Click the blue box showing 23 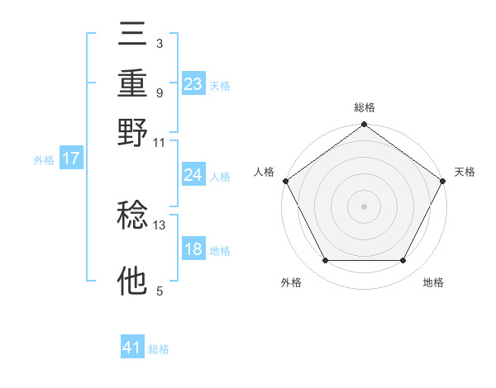tap(193, 83)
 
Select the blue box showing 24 tap(193, 174)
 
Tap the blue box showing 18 tap(193, 249)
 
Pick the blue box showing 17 tap(71, 159)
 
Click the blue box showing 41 tap(133, 348)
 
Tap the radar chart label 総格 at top tap(365, 107)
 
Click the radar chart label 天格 tap(465, 172)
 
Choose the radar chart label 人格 tap(265, 172)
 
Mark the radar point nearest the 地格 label tap(403, 261)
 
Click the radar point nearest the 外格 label tap(325, 261)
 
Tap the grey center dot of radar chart tap(365, 206)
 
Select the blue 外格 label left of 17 tap(44, 160)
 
